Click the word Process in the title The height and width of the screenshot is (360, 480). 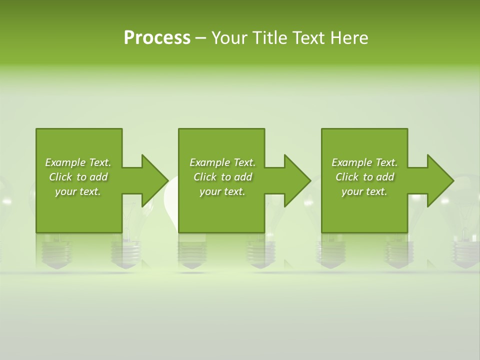[x=157, y=38]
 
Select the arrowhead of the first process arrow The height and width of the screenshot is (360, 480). [x=154, y=180]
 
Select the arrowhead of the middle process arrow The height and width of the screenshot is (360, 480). [x=297, y=180]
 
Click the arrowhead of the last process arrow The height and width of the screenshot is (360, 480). [x=440, y=180]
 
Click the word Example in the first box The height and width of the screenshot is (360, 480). [x=65, y=162]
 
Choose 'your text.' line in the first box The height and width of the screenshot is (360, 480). [x=78, y=191]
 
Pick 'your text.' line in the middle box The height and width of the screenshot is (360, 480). [x=222, y=191]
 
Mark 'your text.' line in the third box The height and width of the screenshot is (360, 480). [x=364, y=191]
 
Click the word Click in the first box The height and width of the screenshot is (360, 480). [x=60, y=177]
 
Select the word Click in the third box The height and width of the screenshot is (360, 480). [x=347, y=177]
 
